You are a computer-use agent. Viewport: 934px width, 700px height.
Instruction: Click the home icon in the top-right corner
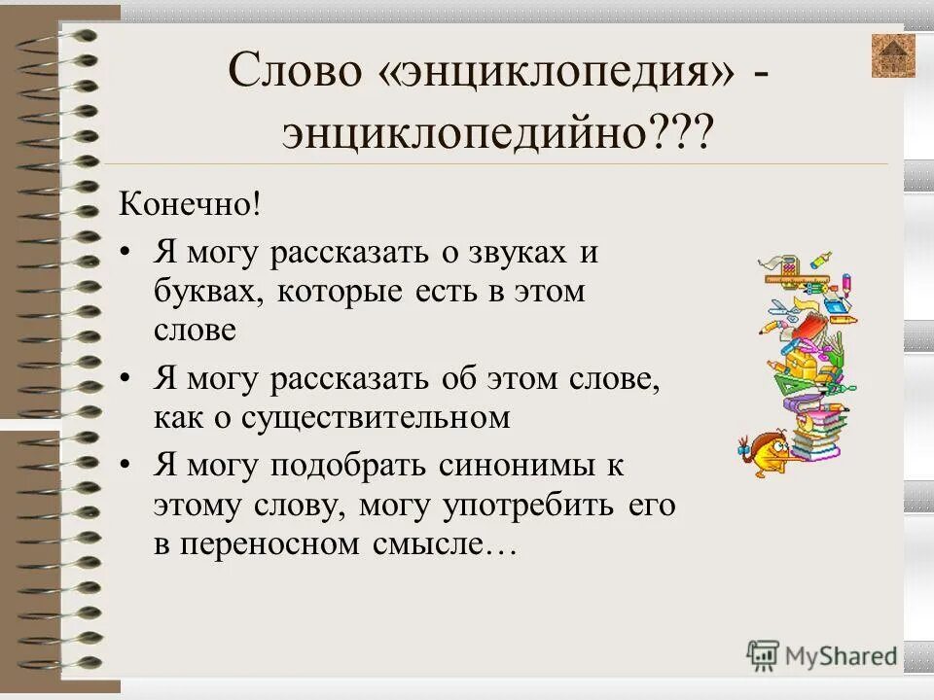(893, 55)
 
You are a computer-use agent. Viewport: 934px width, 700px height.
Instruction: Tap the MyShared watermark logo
(822, 654)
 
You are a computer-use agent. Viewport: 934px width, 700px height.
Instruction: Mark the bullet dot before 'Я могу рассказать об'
(125, 380)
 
